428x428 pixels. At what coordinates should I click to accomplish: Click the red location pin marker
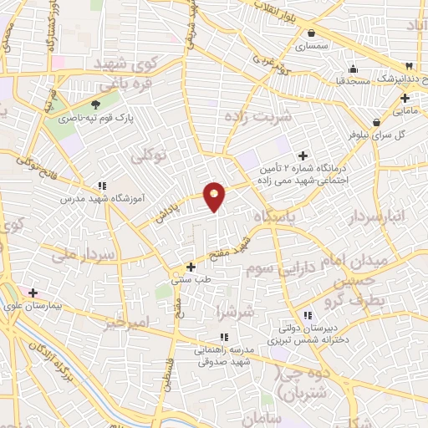[x=215, y=196]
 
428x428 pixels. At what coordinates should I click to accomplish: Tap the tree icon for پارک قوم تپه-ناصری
[x=94, y=104]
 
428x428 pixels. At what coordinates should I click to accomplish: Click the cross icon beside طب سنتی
[x=191, y=267]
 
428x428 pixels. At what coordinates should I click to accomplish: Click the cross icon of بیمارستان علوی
[x=33, y=293]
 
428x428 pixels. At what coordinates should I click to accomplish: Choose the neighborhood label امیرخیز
[x=126, y=324]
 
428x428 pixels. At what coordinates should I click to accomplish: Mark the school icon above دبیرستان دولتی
[x=308, y=315]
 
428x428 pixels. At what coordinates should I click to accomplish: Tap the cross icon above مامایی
[x=405, y=98]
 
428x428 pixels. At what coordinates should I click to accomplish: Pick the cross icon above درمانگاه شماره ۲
[x=303, y=155]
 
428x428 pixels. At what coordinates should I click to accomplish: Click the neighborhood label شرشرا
[x=233, y=311]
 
